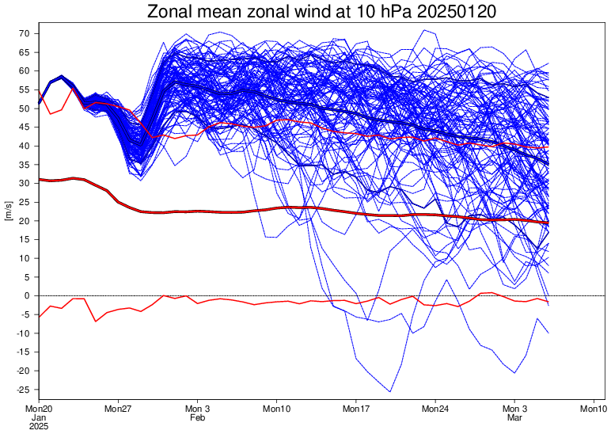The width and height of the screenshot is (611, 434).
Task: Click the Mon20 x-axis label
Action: (38, 409)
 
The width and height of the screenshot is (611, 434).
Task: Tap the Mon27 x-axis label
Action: (117, 409)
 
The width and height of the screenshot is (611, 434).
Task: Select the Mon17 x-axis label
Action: (355, 409)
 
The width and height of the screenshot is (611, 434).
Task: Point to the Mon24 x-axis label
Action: (435, 409)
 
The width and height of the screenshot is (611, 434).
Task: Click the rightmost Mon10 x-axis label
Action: (594, 409)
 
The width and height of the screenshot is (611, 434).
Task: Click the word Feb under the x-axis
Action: (197, 417)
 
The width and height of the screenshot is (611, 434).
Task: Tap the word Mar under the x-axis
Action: (514, 417)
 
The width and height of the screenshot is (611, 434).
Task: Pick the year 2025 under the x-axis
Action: (38, 426)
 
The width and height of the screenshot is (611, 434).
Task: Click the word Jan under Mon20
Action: (38, 417)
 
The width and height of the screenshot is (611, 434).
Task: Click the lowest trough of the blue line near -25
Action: (390, 391)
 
